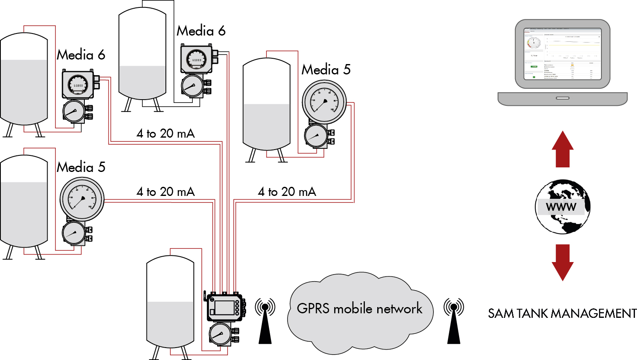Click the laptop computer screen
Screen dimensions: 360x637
coord(563,54)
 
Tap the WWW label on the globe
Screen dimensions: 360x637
coord(561,207)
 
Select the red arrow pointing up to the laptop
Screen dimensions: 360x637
coord(563,149)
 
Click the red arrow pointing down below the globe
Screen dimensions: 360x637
coord(563,262)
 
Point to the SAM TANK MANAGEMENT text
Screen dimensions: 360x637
coord(562,313)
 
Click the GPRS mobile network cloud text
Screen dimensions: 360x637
coord(359,309)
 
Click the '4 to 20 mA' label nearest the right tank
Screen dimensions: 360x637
coord(287,192)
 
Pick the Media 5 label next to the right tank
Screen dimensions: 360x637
coord(326,69)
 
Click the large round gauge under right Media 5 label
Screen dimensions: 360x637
coord(324,102)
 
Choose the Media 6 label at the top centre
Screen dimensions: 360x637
coord(201,31)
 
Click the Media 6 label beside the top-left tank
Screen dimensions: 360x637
coord(81,55)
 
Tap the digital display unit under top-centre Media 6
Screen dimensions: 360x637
coord(196,59)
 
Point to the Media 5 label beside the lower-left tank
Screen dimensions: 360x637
coord(81,167)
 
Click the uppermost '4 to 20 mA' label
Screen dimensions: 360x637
coord(165,134)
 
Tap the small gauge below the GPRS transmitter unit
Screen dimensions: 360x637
coord(220,334)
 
